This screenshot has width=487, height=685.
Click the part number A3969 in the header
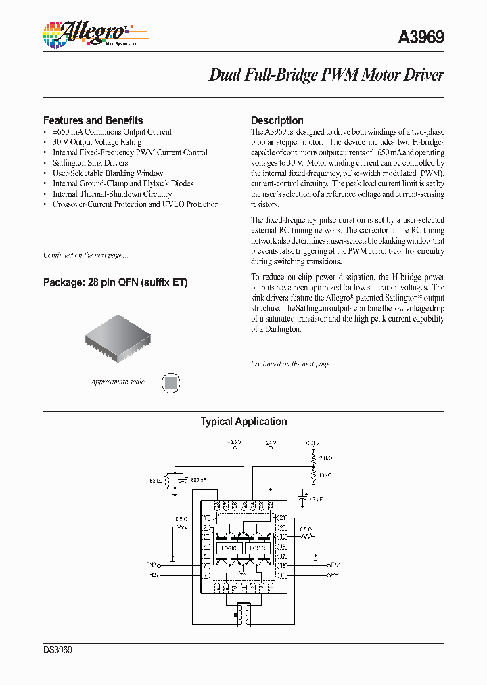421,38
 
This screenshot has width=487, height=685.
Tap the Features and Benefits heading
93,120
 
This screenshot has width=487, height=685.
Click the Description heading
277,120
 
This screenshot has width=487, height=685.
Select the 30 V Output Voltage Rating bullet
97,142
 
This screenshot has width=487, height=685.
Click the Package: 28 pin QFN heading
115,282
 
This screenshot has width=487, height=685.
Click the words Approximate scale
118,382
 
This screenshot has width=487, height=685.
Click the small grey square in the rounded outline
172,382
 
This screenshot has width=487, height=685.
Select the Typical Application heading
243,422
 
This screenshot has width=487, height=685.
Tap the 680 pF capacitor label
199,479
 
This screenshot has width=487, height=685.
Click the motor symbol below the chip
243,615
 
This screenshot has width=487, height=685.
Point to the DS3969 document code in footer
57,650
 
